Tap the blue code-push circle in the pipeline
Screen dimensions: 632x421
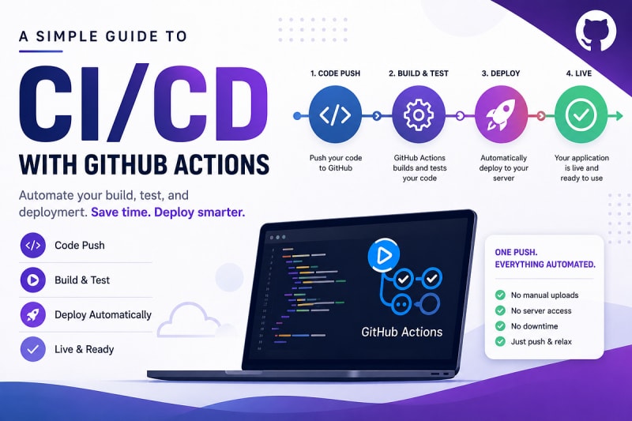[335, 115]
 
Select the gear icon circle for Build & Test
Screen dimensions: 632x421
[419, 115]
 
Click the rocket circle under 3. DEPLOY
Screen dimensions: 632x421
[502, 115]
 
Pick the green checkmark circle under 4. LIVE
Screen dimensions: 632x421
[581, 115]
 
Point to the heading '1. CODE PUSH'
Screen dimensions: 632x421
[335, 73]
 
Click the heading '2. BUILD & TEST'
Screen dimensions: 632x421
[419, 73]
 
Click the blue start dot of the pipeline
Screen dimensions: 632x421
[297, 116]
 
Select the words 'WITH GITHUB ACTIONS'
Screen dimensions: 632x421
[144, 164]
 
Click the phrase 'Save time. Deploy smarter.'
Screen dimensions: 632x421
[168, 212]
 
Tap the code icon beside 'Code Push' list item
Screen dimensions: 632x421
[32, 245]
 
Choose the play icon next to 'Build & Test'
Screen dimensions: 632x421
[32, 280]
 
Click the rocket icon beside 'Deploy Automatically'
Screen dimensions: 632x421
[32, 314]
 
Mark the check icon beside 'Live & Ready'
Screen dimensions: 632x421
[32, 349]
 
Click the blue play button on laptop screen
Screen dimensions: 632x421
[384, 254]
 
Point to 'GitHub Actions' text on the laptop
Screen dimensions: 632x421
[402, 332]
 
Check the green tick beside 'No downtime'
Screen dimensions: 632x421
[500, 326]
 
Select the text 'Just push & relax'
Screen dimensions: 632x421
[541, 342]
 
